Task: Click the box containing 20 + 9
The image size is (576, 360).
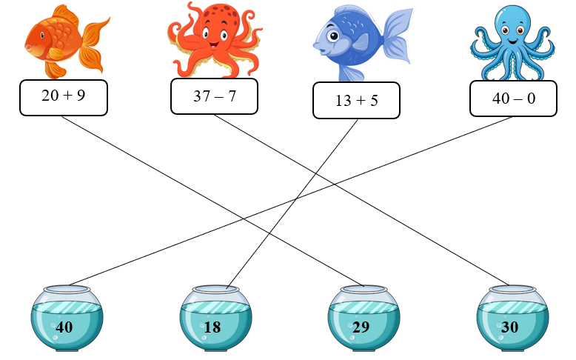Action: coord(64,97)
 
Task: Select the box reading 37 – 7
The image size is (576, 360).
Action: coord(214,96)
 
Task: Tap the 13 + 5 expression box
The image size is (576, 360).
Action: coord(357,101)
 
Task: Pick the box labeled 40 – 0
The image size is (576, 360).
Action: coord(514,99)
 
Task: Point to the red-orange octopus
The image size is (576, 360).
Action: coord(215,41)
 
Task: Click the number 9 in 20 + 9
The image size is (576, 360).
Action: coord(81,97)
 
